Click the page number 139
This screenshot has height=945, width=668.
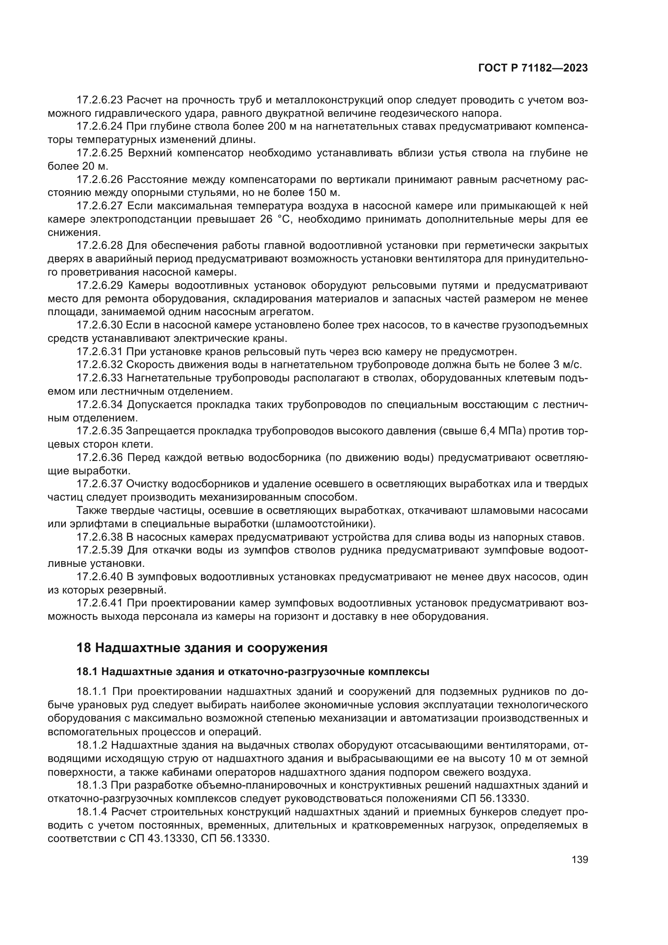580,859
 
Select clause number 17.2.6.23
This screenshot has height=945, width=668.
99,100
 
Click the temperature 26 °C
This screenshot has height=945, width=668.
275,219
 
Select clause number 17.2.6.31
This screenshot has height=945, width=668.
99,351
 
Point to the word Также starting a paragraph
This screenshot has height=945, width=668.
91,511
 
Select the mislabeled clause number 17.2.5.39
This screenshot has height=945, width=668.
99,550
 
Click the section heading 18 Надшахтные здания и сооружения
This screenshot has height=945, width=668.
202,648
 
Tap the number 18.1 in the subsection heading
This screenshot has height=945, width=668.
86,672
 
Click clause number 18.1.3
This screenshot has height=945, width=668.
92,785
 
